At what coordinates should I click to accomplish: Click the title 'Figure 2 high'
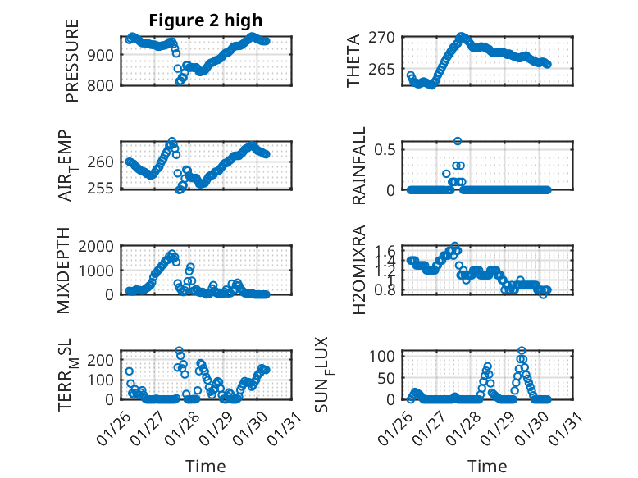pyautogui.click(x=206, y=20)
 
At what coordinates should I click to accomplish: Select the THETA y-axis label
pyautogui.click(x=354, y=60)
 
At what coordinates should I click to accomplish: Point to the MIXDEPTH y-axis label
pyautogui.click(x=64, y=271)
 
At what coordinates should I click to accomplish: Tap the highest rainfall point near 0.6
pyautogui.click(x=458, y=141)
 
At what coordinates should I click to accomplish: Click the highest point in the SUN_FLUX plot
pyautogui.click(x=522, y=351)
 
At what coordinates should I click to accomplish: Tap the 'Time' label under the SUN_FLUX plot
pyautogui.click(x=487, y=466)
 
